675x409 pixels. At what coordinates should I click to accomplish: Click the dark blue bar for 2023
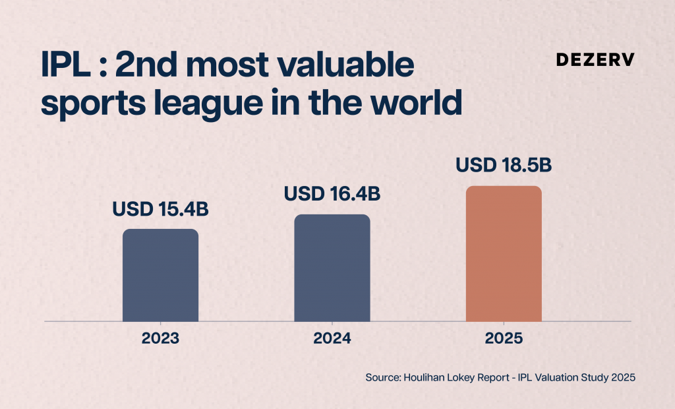161,275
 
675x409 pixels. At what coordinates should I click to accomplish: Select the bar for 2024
332,268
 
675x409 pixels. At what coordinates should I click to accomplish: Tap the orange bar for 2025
504,253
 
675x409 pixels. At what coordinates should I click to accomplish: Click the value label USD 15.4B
161,210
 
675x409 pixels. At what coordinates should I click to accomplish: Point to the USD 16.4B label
332,194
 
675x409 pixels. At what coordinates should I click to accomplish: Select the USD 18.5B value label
504,166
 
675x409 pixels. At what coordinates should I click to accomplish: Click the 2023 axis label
161,338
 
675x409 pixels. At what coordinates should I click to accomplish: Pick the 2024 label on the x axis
332,338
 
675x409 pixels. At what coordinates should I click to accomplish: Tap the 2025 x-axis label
504,338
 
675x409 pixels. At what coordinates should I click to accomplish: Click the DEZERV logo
595,59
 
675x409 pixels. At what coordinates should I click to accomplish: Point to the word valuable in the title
345,64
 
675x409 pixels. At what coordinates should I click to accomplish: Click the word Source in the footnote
383,377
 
